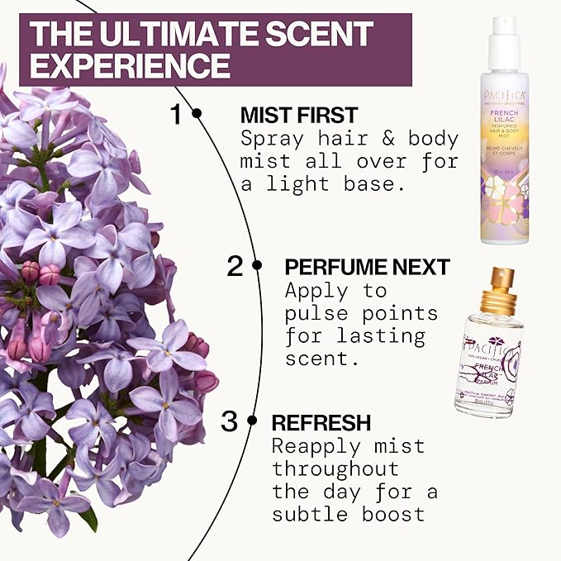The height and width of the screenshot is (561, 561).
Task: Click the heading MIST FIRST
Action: pyautogui.click(x=298, y=115)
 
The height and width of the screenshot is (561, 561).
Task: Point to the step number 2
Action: pyautogui.click(x=235, y=267)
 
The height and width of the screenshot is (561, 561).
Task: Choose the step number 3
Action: pyautogui.click(x=229, y=421)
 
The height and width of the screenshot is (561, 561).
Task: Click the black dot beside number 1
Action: pyautogui.click(x=197, y=114)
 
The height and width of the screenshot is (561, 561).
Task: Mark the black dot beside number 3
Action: pyautogui.click(x=254, y=421)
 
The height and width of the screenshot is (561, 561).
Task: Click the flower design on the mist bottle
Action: pyautogui.click(x=506, y=202)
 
